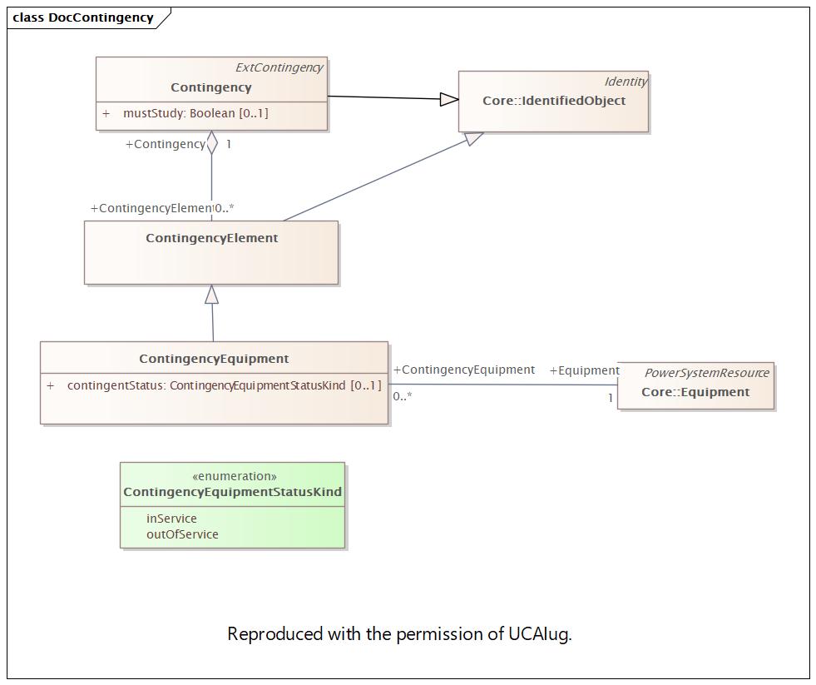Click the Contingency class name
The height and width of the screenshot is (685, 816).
(x=210, y=87)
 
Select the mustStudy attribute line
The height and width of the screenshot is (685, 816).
(x=185, y=113)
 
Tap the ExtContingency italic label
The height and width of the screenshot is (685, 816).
(x=279, y=67)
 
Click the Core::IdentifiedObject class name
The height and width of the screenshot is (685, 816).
(x=554, y=101)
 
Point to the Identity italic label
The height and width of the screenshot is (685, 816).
(x=626, y=82)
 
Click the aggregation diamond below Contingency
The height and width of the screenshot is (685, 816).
(x=212, y=142)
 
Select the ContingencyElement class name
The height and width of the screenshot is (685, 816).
(x=211, y=238)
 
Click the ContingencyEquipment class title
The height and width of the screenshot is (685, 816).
(x=214, y=359)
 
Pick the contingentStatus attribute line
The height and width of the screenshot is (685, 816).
(x=214, y=385)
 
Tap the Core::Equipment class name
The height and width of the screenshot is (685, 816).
(x=695, y=392)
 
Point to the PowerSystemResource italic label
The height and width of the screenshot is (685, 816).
(x=707, y=373)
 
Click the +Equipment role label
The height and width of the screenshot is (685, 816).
(x=585, y=370)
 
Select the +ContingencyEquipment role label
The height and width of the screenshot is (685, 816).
(x=463, y=370)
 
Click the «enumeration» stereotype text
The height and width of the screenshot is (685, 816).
(x=235, y=476)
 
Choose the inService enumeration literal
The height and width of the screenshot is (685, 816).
(x=171, y=519)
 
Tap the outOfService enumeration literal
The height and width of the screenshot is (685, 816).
(x=182, y=534)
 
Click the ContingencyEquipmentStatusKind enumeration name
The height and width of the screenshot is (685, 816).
(x=232, y=492)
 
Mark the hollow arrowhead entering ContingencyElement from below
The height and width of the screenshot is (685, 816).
(x=211, y=295)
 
